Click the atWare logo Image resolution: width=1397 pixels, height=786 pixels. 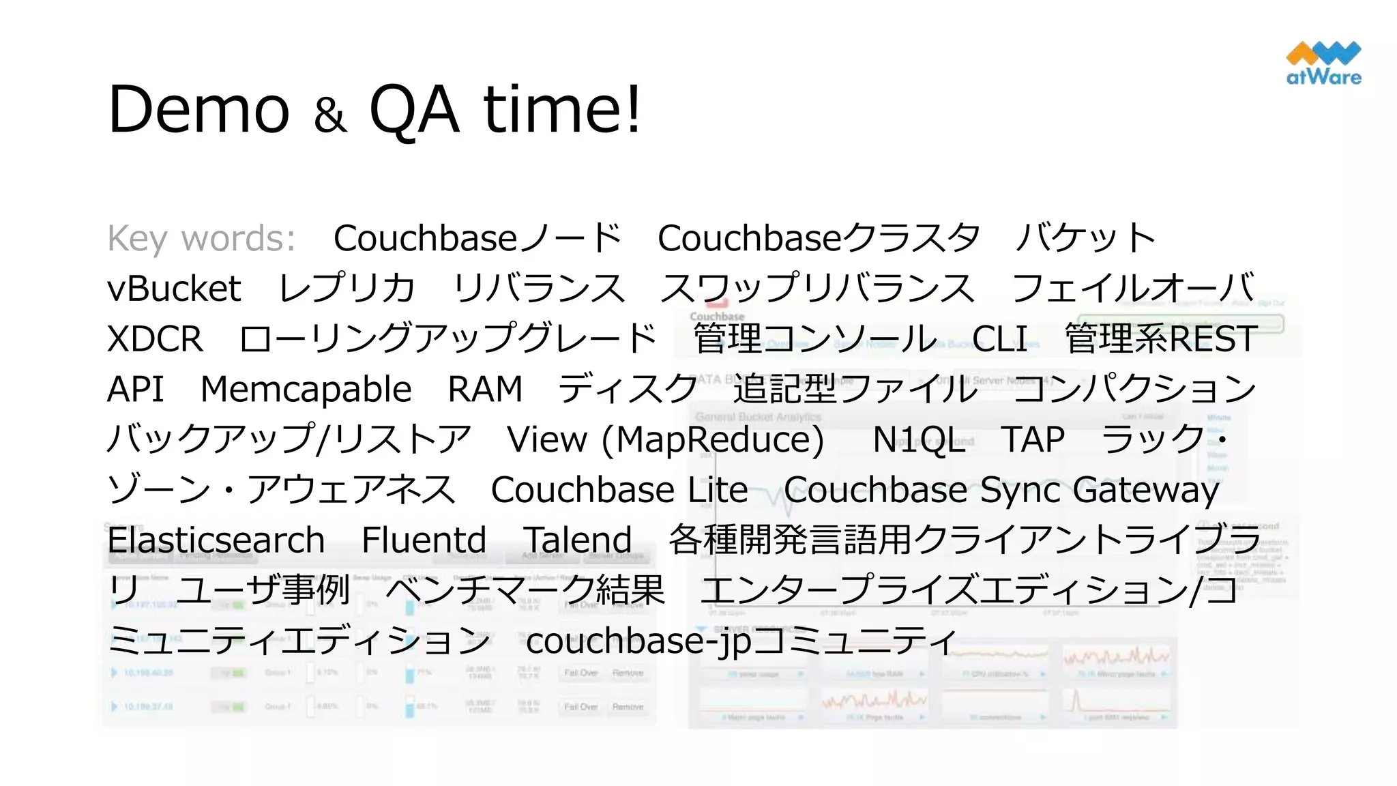(x=1323, y=63)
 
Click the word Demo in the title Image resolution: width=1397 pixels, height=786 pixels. (x=198, y=109)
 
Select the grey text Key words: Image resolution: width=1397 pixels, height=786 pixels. (x=201, y=239)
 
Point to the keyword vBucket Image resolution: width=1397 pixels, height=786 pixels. (x=174, y=289)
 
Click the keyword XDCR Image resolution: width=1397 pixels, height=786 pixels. (x=155, y=339)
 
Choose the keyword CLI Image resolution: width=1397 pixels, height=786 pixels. (x=999, y=339)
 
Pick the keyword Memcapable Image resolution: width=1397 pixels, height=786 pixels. (x=306, y=390)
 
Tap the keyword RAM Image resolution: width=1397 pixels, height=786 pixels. (x=484, y=390)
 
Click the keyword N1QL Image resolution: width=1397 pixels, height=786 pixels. (x=919, y=439)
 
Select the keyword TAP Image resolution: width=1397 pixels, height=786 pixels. (x=1033, y=439)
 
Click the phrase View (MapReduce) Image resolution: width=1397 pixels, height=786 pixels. (x=665, y=440)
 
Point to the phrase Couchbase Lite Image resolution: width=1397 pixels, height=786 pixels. (x=619, y=490)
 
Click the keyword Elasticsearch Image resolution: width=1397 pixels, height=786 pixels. (x=216, y=540)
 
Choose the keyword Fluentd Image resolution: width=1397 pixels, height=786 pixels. (x=424, y=540)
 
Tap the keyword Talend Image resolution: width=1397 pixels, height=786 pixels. (x=577, y=540)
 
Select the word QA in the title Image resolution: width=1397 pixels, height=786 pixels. (x=414, y=109)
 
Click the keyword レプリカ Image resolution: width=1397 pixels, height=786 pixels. (x=347, y=289)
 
